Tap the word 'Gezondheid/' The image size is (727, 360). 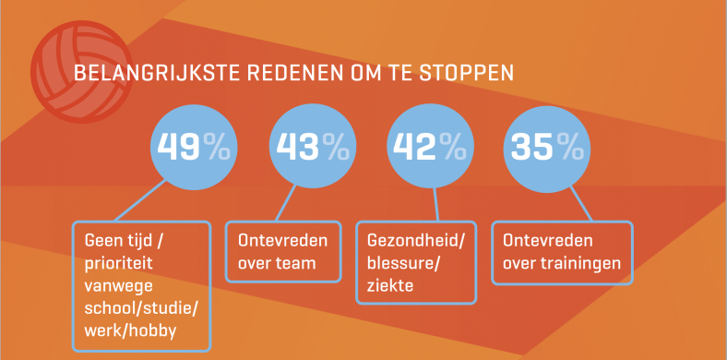click(x=414, y=242)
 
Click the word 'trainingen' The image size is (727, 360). click(x=580, y=264)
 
